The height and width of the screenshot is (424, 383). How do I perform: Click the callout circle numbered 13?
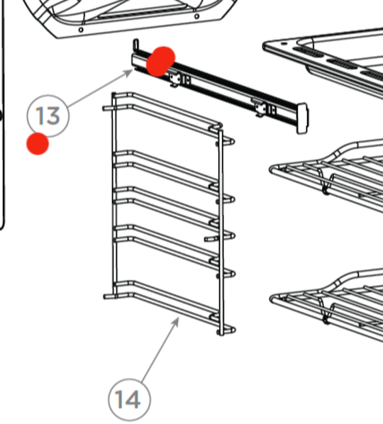pyautogui.click(x=48, y=114)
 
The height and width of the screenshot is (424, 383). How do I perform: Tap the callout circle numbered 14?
pyautogui.click(x=128, y=399)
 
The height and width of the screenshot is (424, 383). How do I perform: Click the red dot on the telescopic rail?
pyautogui.click(x=161, y=61)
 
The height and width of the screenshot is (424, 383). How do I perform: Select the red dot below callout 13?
pyautogui.click(x=38, y=144)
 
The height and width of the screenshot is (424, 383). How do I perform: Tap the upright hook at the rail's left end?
pyautogui.click(x=135, y=47)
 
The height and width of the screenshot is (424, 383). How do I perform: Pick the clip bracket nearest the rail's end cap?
pyautogui.click(x=265, y=108)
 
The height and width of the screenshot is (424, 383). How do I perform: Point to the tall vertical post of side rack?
pyautogui.click(x=222, y=234)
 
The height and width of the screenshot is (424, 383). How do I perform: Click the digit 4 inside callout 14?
pyautogui.click(x=135, y=400)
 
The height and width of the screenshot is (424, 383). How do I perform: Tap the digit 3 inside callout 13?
pyautogui.click(x=55, y=115)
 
